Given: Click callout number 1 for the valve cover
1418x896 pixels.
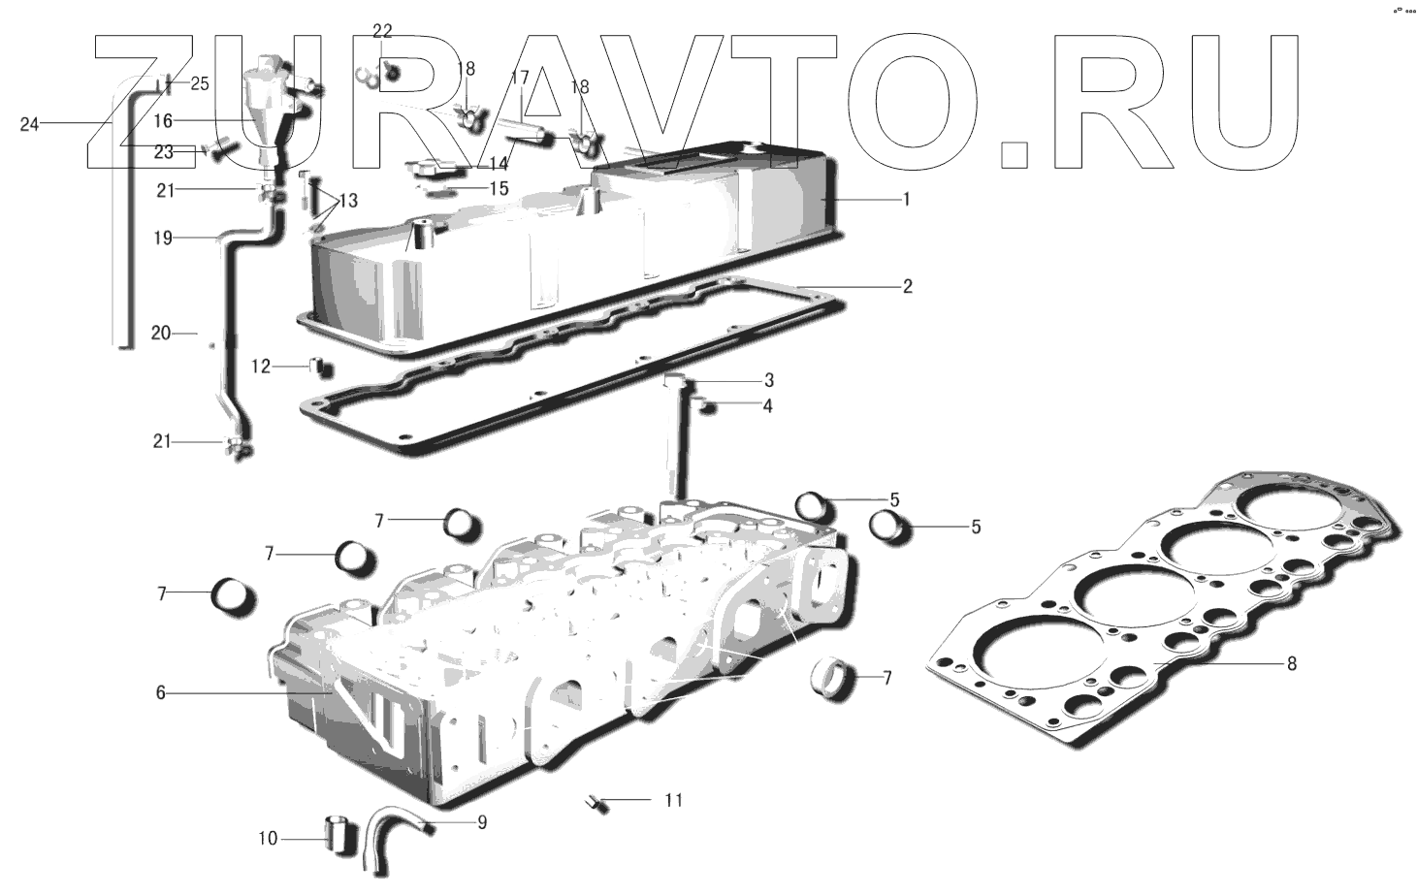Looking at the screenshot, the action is tap(906, 200).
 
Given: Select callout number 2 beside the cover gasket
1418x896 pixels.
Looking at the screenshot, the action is tap(907, 287).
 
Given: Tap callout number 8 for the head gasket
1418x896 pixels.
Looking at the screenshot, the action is tap(1291, 664).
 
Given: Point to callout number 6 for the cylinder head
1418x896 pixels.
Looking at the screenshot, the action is tap(161, 692).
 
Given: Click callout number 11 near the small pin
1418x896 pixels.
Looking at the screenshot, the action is tap(673, 800).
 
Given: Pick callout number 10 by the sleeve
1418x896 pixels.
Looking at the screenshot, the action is tap(268, 838).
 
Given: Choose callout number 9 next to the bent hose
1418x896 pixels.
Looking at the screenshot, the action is tap(481, 823).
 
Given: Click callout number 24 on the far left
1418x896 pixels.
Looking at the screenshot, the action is tap(29, 124).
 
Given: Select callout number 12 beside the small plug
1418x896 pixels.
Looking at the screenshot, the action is tap(261, 367).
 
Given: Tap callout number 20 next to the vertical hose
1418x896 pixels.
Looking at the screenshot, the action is tap(161, 333).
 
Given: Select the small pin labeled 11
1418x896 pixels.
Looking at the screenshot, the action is tap(594, 802).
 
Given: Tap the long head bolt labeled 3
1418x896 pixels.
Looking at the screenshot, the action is tap(675, 436).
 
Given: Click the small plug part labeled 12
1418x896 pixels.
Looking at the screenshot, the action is tap(320, 367).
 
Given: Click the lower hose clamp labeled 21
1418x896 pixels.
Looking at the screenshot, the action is tap(238, 447).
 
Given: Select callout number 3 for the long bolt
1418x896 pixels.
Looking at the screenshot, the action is tap(768, 380).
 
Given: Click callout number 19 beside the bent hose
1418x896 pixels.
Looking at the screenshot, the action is tap(163, 238).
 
